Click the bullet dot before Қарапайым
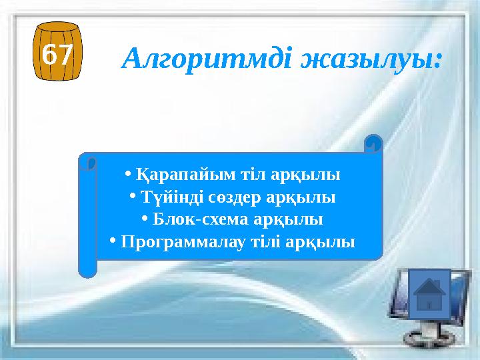pos(127,175)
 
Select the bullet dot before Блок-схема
pos(145,218)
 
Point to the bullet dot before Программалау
pos(115,240)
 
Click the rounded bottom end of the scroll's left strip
pos(87,269)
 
